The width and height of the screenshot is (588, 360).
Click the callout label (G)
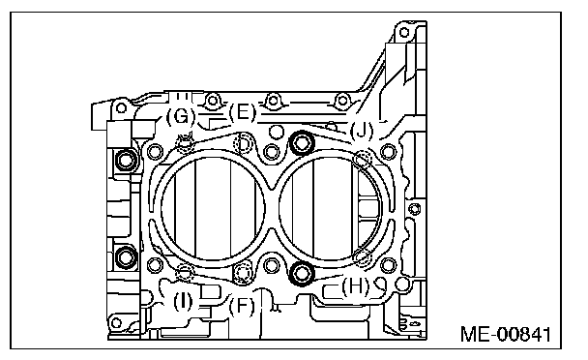181,116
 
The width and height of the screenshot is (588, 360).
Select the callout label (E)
242,112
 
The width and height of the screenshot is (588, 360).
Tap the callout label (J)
362,131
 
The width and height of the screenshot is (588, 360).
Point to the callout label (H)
355,286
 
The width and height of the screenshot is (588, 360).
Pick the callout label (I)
183,301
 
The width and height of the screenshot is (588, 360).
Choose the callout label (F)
242,306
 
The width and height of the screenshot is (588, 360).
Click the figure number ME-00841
506,334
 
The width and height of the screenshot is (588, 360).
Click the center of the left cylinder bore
214,209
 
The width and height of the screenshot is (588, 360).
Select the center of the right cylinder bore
331,209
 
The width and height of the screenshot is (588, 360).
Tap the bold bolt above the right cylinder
303,142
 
